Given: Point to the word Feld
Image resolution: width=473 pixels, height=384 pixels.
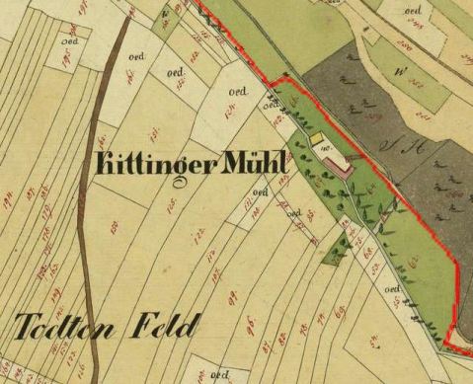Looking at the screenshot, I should point(162,326).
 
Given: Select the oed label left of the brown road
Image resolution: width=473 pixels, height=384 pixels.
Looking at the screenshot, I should point(70,43).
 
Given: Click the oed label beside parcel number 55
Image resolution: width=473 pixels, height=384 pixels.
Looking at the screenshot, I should point(392,288).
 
